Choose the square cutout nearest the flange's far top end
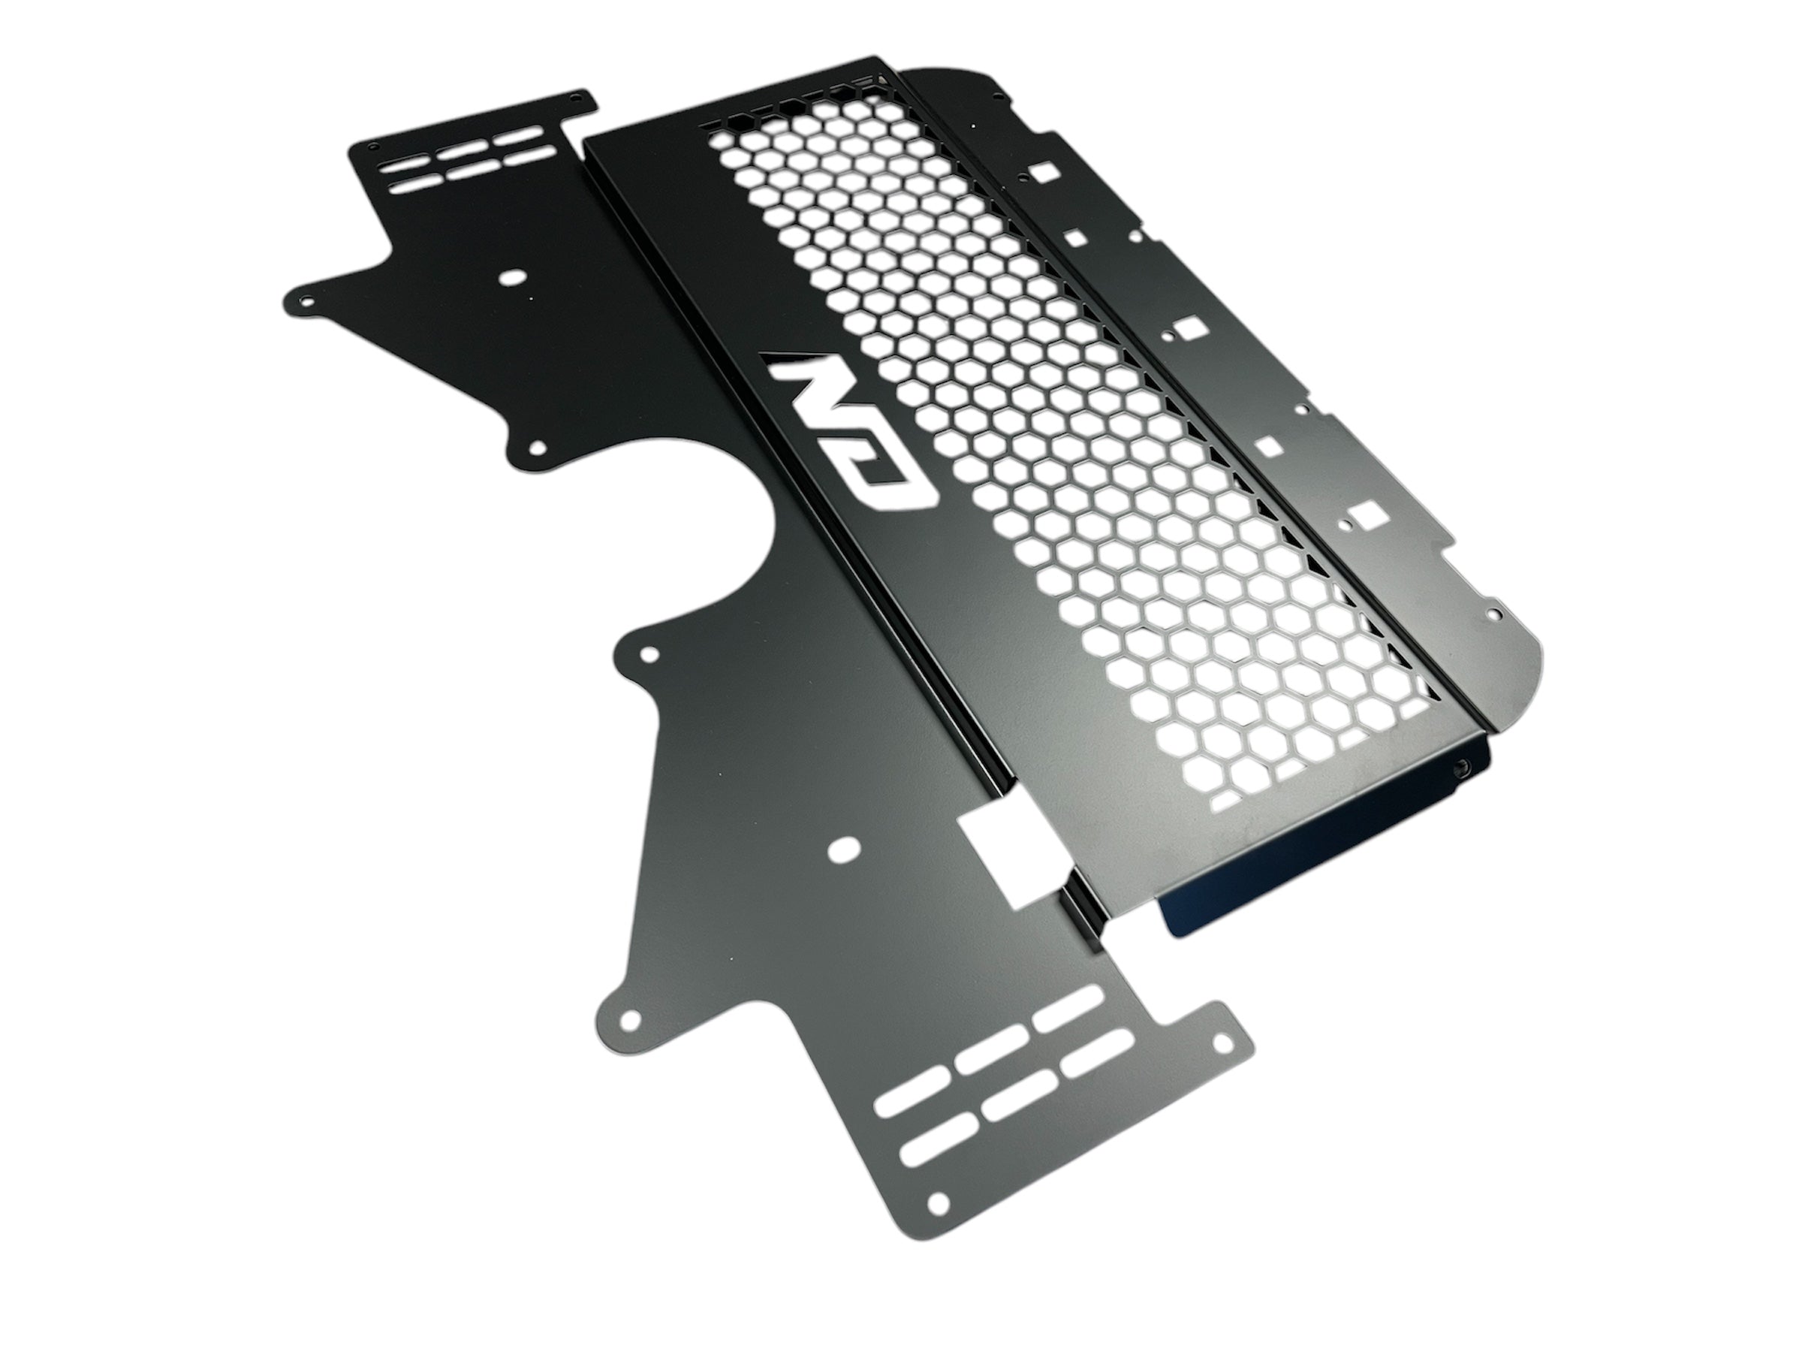(x=1044, y=171)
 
